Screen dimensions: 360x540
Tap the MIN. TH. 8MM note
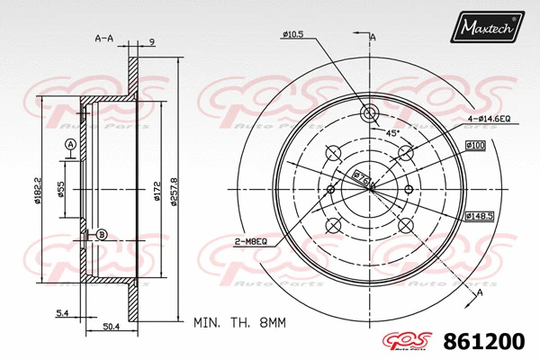coord(238,320)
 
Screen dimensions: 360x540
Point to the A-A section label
coord(103,38)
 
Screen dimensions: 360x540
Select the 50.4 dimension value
coord(110,328)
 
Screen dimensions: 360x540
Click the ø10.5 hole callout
coord(293,34)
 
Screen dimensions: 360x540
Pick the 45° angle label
coord(392,132)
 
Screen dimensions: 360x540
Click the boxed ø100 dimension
coord(475,145)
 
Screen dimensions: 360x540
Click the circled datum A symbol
coord(70,145)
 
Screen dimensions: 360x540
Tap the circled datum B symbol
coord(101,234)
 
